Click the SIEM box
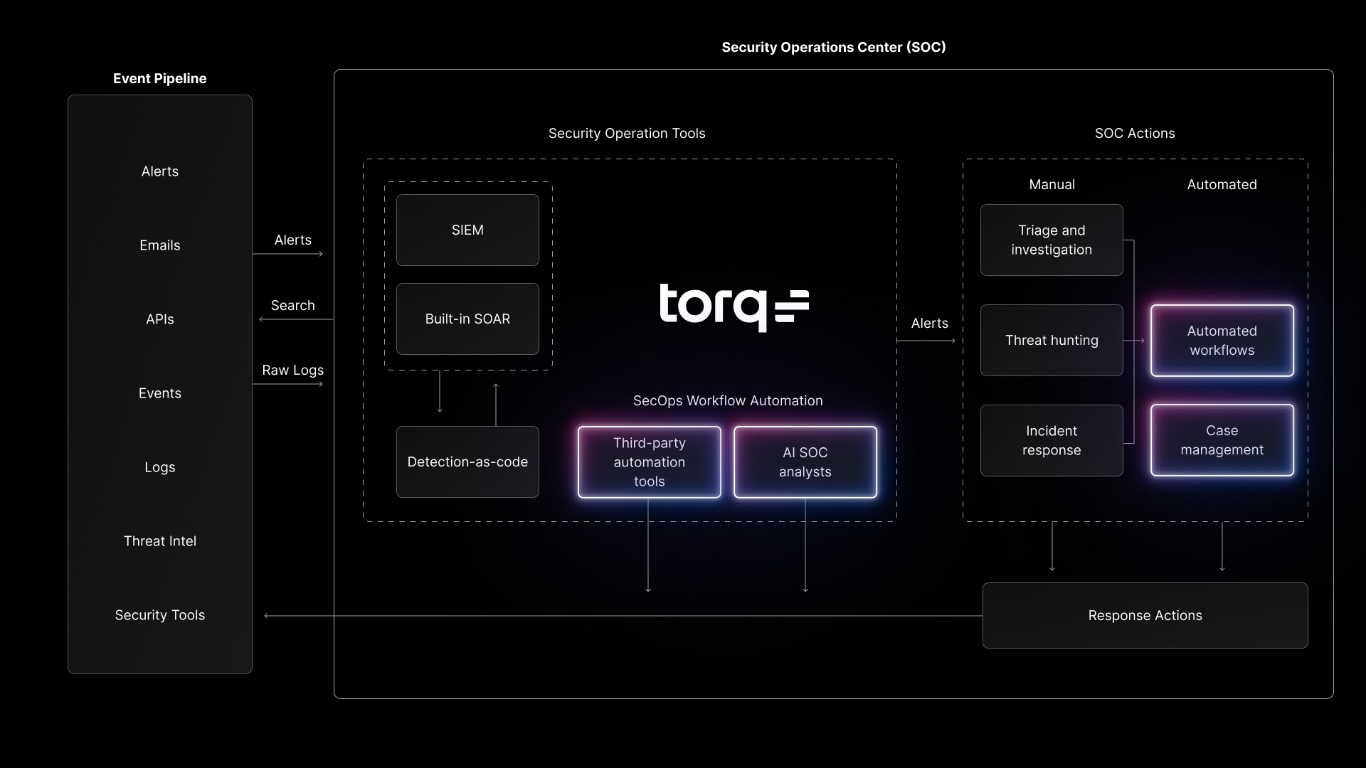(x=467, y=230)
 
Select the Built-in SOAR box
(x=467, y=319)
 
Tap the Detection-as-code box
(x=467, y=462)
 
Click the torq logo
(x=734, y=307)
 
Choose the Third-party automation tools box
(x=649, y=462)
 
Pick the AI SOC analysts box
(x=805, y=462)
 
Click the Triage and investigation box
(x=1051, y=240)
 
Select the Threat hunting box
(x=1051, y=340)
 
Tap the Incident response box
(x=1051, y=440)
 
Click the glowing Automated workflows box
(x=1222, y=340)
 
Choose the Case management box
(x=1222, y=440)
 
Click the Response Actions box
(x=1145, y=615)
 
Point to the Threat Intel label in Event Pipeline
(x=159, y=541)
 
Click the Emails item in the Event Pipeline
(x=159, y=245)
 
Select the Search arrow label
(x=292, y=305)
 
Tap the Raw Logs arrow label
(x=292, y=370)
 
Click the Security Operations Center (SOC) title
(x=833, y=47)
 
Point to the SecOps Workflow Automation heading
(x=728, y=400)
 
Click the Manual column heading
(x=1052, y=184)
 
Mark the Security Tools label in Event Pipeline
(x=159, y=615)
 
